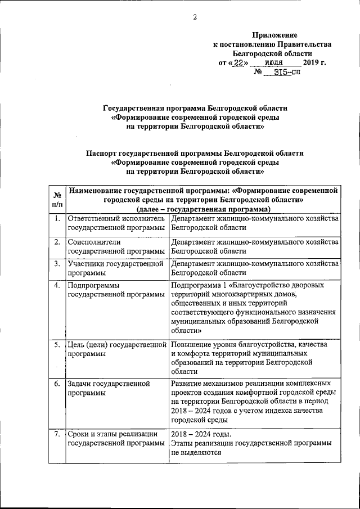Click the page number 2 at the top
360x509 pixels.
(x=195, y=17)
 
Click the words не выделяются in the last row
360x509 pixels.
(x=196, y=453)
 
